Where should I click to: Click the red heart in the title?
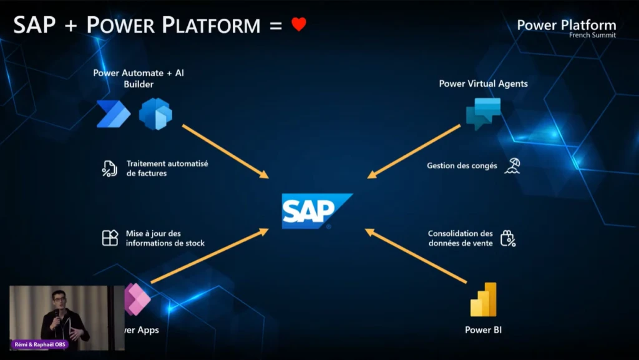coord(299,24)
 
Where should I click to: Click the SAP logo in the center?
coord(317,211)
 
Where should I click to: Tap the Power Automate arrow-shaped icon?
coord(114,114)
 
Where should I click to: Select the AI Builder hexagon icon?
coord(155,114)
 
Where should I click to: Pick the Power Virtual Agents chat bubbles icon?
coord(484,114)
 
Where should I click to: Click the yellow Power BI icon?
coord(484,299)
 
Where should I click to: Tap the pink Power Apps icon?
coord(137,299)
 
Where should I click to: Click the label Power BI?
coord(484,330)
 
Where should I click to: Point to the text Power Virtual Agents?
coord(484,84)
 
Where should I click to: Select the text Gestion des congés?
coord(462,166)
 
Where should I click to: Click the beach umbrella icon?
coord(512,166)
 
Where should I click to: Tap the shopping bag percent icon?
coord(508,238)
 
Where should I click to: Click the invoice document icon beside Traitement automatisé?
coord(110,168)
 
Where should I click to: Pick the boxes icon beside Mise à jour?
coord(110,238)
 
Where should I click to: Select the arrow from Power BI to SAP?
coord(416,256)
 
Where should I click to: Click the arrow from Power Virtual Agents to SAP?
coord(414,152)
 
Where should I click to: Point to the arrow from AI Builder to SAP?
coord(225,152)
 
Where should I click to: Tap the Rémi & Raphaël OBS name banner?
coord(39,344)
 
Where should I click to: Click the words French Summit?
coord(593,36)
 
